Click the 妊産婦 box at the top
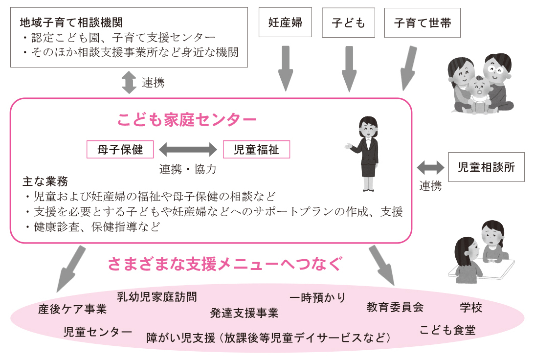pos(285,22)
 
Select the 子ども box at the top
pos(348,22)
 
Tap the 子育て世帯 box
pos(422,22)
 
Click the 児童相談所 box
pos(486,167)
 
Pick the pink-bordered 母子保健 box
pos(120,149)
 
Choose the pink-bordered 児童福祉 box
pos(256,149)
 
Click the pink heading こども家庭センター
pos(187,119)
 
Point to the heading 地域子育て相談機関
pos(70,22)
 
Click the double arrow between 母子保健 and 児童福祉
pos(188,149)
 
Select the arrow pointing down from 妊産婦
pos(285,68)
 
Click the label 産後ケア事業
pos(72,309)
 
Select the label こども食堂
pos(447,330)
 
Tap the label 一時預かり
pos(317,297)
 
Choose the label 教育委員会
pos(395,307)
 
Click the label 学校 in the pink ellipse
pos(471,307)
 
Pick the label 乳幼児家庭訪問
pos(157,296)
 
